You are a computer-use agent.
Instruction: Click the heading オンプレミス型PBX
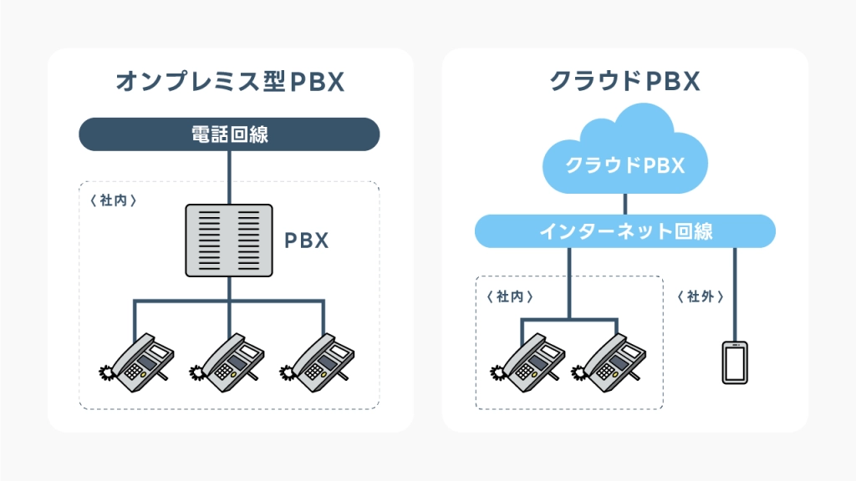coord(230,81)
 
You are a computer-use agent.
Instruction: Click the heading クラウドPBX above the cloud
coord(624,81)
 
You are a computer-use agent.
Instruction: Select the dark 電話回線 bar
coord(230,134)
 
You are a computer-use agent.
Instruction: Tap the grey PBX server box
coord(229,240)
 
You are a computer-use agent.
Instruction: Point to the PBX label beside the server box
coord(307,240)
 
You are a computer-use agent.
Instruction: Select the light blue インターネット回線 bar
coord(625,231)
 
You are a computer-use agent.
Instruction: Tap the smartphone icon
coord(735,362)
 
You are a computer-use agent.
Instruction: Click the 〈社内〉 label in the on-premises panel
coord(112,200)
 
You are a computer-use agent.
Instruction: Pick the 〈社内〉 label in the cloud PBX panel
coord(509,296)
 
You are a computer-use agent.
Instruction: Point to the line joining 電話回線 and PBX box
coord(229,176)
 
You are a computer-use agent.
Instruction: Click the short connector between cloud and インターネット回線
coord(625,204)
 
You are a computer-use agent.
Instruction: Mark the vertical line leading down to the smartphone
coord(735,292)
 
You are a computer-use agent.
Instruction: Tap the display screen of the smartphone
coord(735,362)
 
